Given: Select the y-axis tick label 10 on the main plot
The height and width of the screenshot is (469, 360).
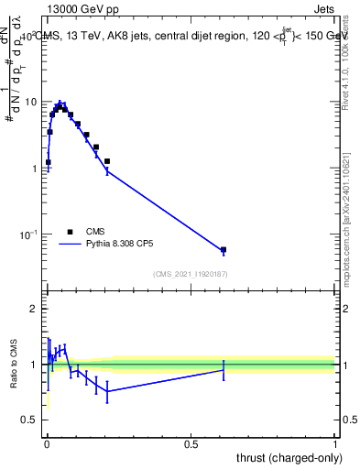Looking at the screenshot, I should coord(31,102).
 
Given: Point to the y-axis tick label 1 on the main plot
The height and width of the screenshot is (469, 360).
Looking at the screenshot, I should coord(35,169).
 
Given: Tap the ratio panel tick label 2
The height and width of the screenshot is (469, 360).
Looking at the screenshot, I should coord(35,309).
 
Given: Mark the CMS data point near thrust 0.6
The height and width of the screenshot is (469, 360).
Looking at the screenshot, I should coord(224,249).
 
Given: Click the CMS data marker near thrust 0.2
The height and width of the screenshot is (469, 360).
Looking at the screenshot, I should coord(107,161).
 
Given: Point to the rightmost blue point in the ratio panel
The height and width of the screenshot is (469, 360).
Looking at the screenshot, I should coord(224,369).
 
